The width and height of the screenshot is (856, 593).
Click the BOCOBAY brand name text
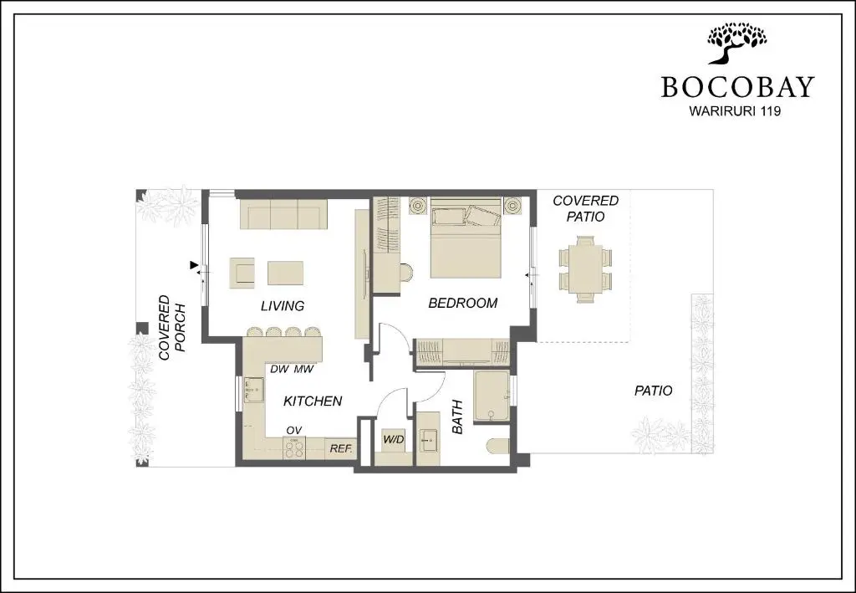[x=737, y=86]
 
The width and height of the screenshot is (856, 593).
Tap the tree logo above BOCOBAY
[x=737, y=43]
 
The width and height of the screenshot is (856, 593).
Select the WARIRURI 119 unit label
[x=735, y=111]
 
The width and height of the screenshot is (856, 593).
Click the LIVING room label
[x=283, y=306]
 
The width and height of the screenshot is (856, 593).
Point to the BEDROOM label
[x=463, y=303]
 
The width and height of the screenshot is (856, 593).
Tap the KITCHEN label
[x=313, y=401]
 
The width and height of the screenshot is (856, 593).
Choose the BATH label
[x=457, y=417]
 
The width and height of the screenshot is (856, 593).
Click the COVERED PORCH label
[x=172, y=328]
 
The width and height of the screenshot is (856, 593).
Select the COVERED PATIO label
[x=585, y=208]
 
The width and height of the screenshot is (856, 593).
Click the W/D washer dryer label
[x=394, y=440]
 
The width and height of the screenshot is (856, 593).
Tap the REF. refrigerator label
[x=341, y=449]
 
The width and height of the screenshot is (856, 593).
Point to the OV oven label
[x=293, y=431]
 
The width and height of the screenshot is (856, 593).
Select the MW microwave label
[x=304, y=369]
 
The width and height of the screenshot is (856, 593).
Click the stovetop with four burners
[x=294, y=448]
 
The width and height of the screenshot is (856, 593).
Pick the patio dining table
[x=585, y=269]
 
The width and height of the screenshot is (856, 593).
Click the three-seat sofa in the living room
[x=283, y=214]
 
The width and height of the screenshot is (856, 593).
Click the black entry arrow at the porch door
[x=194, y=265]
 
